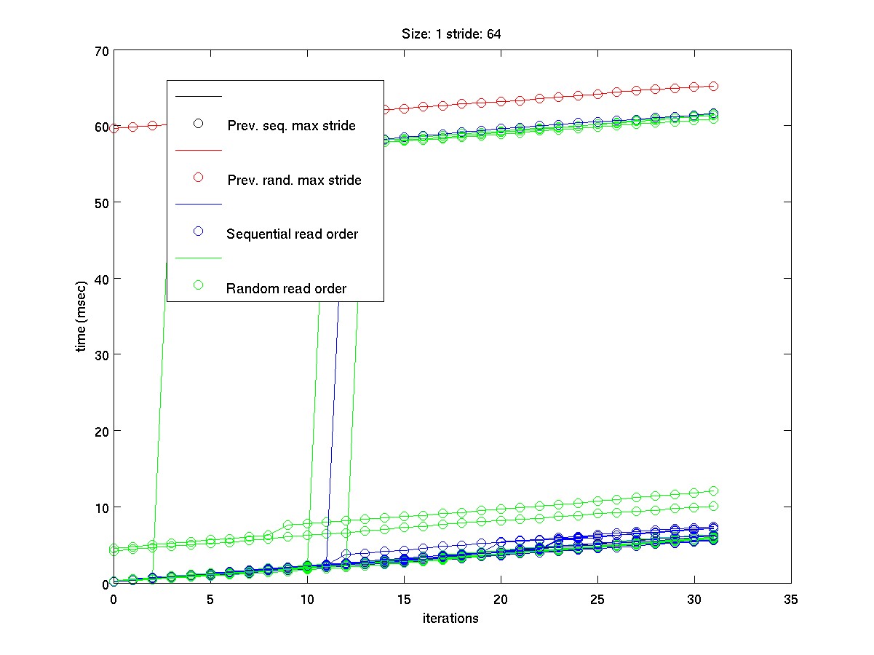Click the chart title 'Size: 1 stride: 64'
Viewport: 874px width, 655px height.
click(451, 33)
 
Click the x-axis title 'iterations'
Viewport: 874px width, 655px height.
click(451, 619)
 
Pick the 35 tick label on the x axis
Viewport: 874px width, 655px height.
click(791, 599)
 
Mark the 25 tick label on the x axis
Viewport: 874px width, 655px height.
click(597, 599)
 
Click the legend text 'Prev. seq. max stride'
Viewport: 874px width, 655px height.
click(291, 126)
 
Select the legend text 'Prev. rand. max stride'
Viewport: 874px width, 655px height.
click(294, 180)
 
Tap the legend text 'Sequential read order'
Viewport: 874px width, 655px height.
click(293, 234)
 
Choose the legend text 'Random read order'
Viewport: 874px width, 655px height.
click(286, 289)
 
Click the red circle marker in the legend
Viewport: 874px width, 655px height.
click(197, 177)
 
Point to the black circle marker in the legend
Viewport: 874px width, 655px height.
click(197, 123)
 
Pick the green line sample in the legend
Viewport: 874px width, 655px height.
click(197, 258)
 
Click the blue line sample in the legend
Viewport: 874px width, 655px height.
click(197, 204)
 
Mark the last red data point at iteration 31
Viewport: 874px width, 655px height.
click(714, 86)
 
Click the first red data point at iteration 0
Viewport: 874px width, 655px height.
click(114, 128)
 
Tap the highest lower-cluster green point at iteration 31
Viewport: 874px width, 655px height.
click(714, 491)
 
